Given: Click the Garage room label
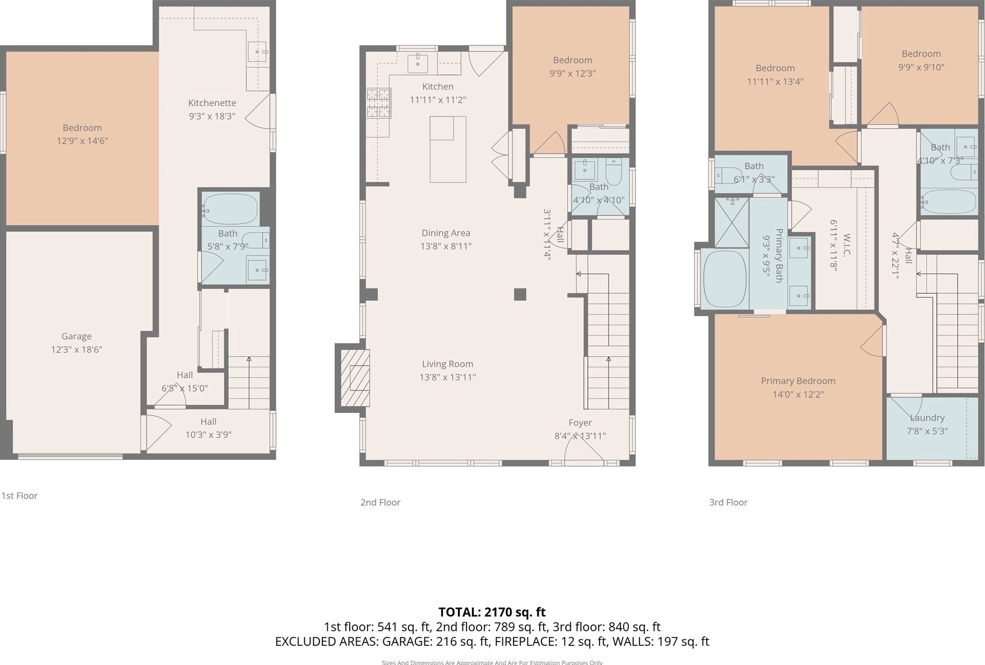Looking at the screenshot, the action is [x=76, y=336].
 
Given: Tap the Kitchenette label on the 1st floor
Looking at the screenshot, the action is [x=212, y=103].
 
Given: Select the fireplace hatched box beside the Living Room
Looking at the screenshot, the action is [x=352, y=378].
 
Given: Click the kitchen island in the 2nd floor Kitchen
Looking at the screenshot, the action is [x=448, y=150].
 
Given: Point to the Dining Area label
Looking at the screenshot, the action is [x=446, y=233].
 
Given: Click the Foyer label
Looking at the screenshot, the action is [x=580, y=423].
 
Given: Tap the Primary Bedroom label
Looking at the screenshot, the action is [x=798, y=381].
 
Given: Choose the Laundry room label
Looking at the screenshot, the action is [x=927, y=418].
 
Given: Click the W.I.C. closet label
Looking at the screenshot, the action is [x=847, y=245].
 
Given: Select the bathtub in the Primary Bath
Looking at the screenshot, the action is [x=724, y=278].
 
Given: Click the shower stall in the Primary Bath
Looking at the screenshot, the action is [x=731, y=223].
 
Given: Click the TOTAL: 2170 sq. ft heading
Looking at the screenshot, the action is [x=492, y=612].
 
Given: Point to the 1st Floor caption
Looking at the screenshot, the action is [x=19, y=496].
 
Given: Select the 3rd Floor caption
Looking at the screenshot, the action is [x=728, y=502].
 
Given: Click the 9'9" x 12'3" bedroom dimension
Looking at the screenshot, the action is [x=572, y=73].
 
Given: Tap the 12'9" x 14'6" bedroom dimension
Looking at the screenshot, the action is [x=82, y=141].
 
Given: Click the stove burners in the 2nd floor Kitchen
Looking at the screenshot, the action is [x=378, y=103].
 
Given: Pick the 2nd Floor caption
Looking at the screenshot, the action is [x=380, y=502].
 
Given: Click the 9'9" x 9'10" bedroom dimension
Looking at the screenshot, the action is [x=921, y=67].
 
